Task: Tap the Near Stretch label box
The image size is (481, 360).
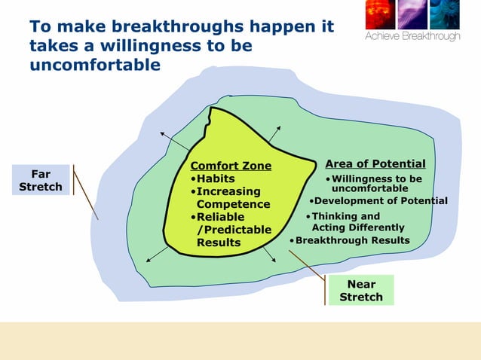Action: click(x=361, y=291)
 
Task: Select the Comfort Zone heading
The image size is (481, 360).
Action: click(x=231, y=166)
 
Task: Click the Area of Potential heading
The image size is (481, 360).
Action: click(x=375, y=164)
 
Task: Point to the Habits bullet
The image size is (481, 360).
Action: click(x=213, y=179)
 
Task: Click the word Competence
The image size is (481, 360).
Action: click(x=233, y=204)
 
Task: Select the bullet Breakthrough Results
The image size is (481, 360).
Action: click(x=351, y=241)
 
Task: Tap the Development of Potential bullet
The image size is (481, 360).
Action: click(x=379, y=201)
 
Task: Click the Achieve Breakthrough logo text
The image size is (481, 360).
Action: click(x=412, y=36)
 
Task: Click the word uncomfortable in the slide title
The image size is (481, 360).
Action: click(x=95, y=66)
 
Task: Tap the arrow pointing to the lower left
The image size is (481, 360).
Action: click(x=156, y=255)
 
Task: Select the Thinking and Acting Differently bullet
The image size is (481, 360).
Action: click(x=356, y=221)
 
